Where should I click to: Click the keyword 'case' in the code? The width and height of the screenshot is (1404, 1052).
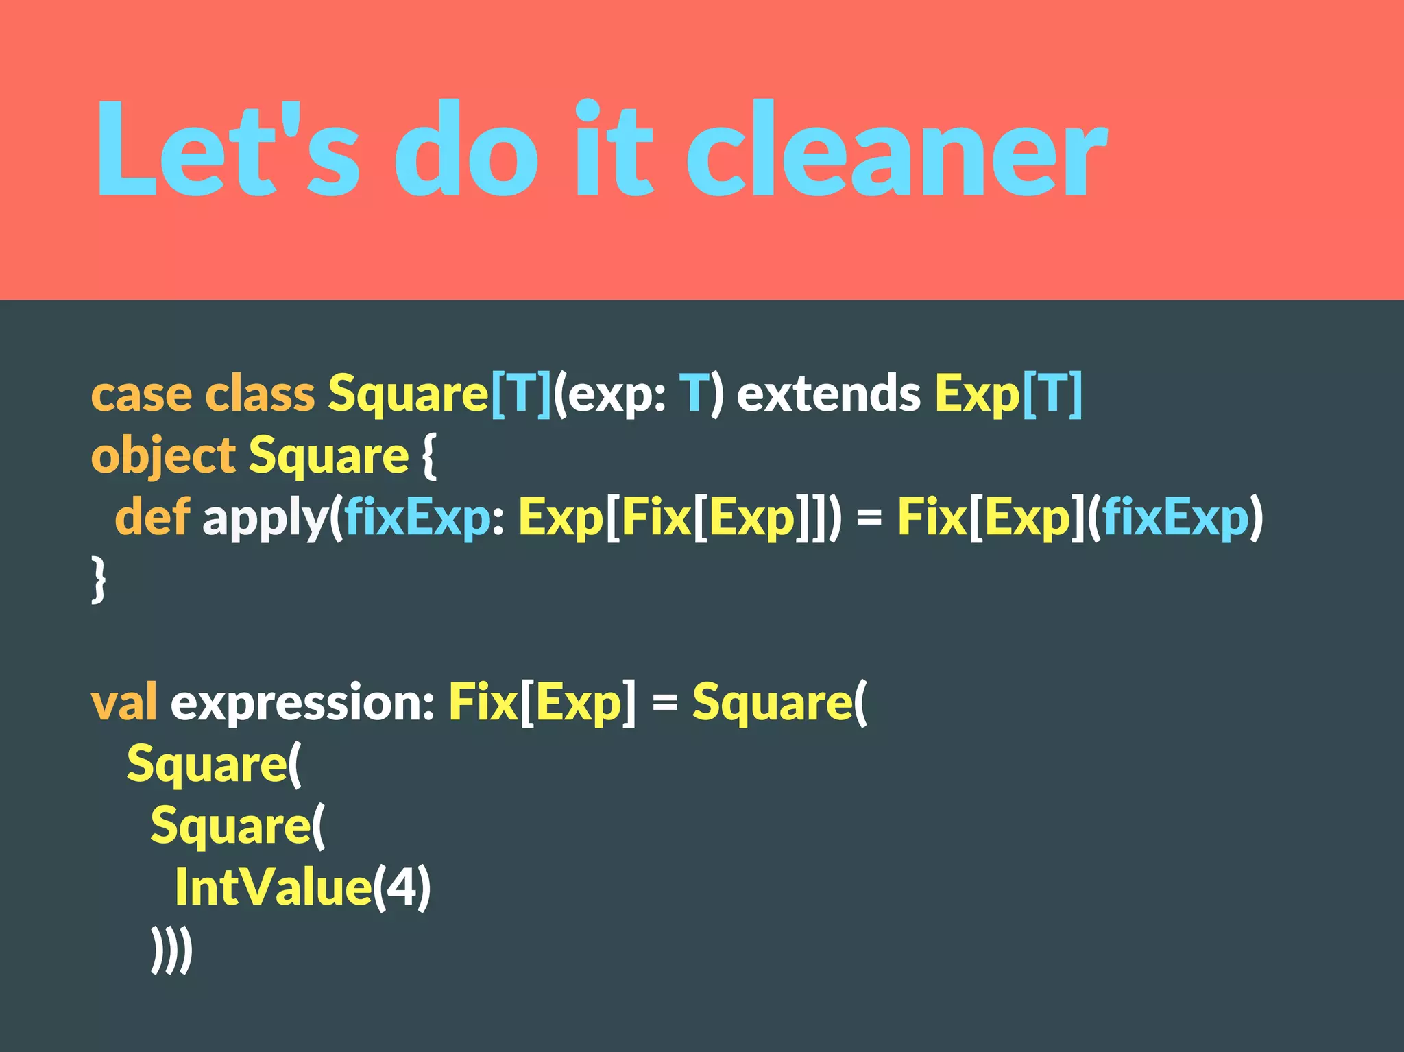point(141,395)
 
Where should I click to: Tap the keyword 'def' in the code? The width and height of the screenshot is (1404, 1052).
point(152,517)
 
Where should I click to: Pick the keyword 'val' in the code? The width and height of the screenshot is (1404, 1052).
point(123,702)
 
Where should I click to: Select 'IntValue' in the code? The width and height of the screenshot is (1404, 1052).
point(273,887)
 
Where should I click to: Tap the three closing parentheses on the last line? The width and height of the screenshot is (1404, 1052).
point(171,951)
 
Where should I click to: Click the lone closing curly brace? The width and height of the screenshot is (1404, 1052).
point(99,580)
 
